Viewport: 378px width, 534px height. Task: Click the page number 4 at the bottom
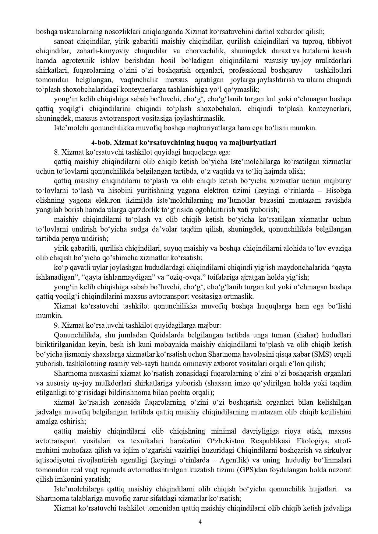pos(200,522)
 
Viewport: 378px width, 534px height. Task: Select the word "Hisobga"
pos(338,191)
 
